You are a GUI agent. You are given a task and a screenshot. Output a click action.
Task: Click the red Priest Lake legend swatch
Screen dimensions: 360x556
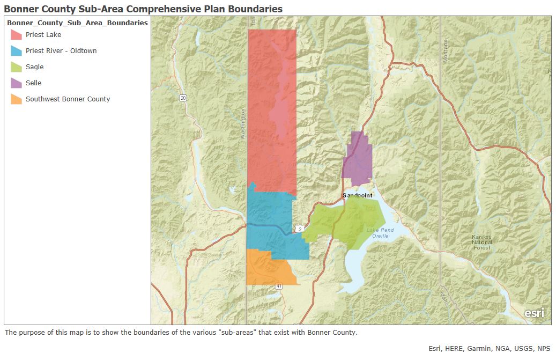[17, 35]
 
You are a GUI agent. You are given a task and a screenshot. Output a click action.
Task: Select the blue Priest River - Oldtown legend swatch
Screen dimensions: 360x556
[17, 51]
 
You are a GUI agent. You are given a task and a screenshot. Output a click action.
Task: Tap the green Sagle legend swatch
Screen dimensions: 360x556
[17, 67]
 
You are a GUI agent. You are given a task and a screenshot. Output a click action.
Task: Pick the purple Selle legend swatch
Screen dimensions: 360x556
[17, 83]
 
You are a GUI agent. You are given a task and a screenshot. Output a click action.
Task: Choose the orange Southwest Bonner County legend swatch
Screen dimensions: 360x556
[17, 99]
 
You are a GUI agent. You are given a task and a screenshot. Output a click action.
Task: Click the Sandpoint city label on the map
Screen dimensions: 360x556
[358, 195]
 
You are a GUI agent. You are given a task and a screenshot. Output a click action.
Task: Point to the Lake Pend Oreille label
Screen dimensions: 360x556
[380, 233]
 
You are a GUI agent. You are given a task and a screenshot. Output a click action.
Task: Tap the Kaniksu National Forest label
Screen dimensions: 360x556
[481, 242]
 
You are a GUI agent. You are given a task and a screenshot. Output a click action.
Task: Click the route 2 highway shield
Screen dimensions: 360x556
[300, 229]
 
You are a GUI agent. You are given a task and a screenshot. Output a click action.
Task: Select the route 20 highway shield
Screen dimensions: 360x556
[183, 98]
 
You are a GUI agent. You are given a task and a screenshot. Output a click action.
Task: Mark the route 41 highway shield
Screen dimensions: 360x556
[279, 287]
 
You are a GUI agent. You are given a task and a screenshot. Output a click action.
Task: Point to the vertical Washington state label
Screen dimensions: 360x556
[243, 124]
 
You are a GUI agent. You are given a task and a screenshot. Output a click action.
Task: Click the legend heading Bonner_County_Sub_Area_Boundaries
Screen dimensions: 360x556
[77, 23]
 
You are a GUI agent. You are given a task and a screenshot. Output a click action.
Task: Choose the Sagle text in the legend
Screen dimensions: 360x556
[34, 67]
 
